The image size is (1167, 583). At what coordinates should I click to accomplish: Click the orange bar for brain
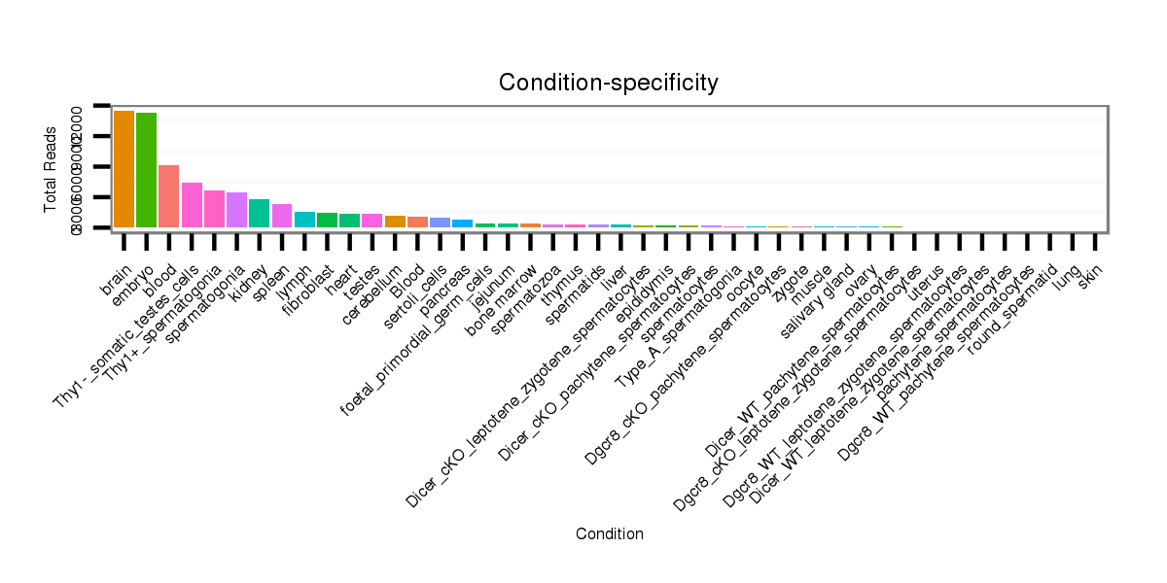[x=124, y=169]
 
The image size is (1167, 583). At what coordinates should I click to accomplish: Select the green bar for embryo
[x=146, y=170]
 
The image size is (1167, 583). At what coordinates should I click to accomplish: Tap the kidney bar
[x=259, y=213]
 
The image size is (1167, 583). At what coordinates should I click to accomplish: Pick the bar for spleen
[x=282, y=216]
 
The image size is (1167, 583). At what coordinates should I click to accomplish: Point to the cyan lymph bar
[x=304, y=220]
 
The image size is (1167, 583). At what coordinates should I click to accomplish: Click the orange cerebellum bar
[x=395, y=222]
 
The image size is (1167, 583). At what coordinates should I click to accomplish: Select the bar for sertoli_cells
[x=440, y=223]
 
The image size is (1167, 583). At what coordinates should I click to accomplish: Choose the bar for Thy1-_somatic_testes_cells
[x=192, y=205]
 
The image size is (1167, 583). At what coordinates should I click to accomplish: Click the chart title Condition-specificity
[x=609, y=83]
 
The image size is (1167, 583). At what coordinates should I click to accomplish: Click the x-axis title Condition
[x=609, y=533]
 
